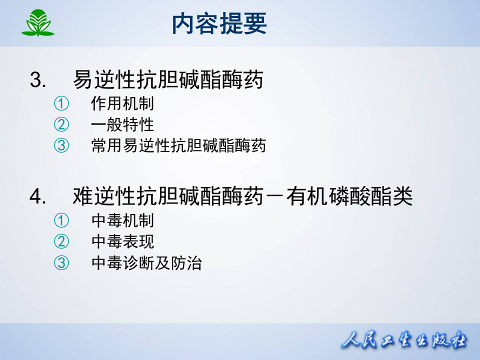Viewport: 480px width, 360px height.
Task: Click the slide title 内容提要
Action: coord(219,23)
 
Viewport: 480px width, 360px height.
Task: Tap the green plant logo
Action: coord(37,23)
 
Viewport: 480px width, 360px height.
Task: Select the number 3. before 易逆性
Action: coord(38,80)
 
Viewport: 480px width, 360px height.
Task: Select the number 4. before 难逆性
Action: coord(38,196)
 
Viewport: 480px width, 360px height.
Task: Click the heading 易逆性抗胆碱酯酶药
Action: coord(168,80)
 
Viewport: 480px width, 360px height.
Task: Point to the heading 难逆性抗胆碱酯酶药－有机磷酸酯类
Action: coord(243,196)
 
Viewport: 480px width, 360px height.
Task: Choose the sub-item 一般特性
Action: coord(122,124)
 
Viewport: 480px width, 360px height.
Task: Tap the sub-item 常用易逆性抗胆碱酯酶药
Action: coord(178,145)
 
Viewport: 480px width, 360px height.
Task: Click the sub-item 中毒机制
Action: coord(122,220)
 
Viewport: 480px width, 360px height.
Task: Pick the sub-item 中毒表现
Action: coord(122,241)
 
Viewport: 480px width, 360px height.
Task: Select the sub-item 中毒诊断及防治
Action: coord(146,263)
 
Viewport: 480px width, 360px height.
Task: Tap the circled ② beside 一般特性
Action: coord(61,124)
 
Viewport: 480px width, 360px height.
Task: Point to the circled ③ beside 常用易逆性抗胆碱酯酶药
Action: coord(61,145)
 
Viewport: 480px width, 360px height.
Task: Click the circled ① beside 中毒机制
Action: coord(61,220)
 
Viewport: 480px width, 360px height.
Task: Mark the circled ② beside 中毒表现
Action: coord(61,241)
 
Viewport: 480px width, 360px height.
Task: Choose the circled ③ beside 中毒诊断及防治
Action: coord(61,263)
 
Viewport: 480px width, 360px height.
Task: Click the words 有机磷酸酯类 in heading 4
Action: coord(349,196)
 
